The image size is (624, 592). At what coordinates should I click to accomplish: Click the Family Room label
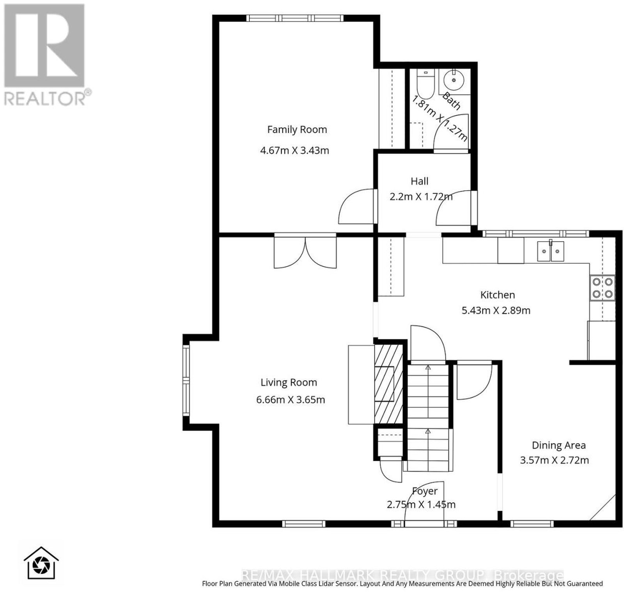tap(297, 130)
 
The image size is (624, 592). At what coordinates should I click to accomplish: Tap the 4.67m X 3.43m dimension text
tap(294, 150)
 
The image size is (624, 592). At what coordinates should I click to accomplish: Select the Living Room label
tap(289, 383)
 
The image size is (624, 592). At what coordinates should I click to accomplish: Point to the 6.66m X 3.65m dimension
tap(291, 400)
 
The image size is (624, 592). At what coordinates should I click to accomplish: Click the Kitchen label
tap(498, 295)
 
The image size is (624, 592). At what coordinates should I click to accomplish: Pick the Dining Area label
tap(558, 445)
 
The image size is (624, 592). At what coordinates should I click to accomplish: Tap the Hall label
tap(419, 181)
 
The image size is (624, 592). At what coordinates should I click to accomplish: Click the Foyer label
tap(425, 491)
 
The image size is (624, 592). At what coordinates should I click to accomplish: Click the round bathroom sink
tap(454, 80)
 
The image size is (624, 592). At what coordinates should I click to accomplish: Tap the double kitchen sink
tap(550, 251)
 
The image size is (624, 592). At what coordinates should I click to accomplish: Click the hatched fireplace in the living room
tap(388, 384)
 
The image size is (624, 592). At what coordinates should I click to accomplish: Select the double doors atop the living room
tap(305, 252)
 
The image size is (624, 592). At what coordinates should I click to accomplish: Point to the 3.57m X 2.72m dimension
tap(554, 460)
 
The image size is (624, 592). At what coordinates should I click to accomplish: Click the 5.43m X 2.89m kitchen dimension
tap(496, 311)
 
